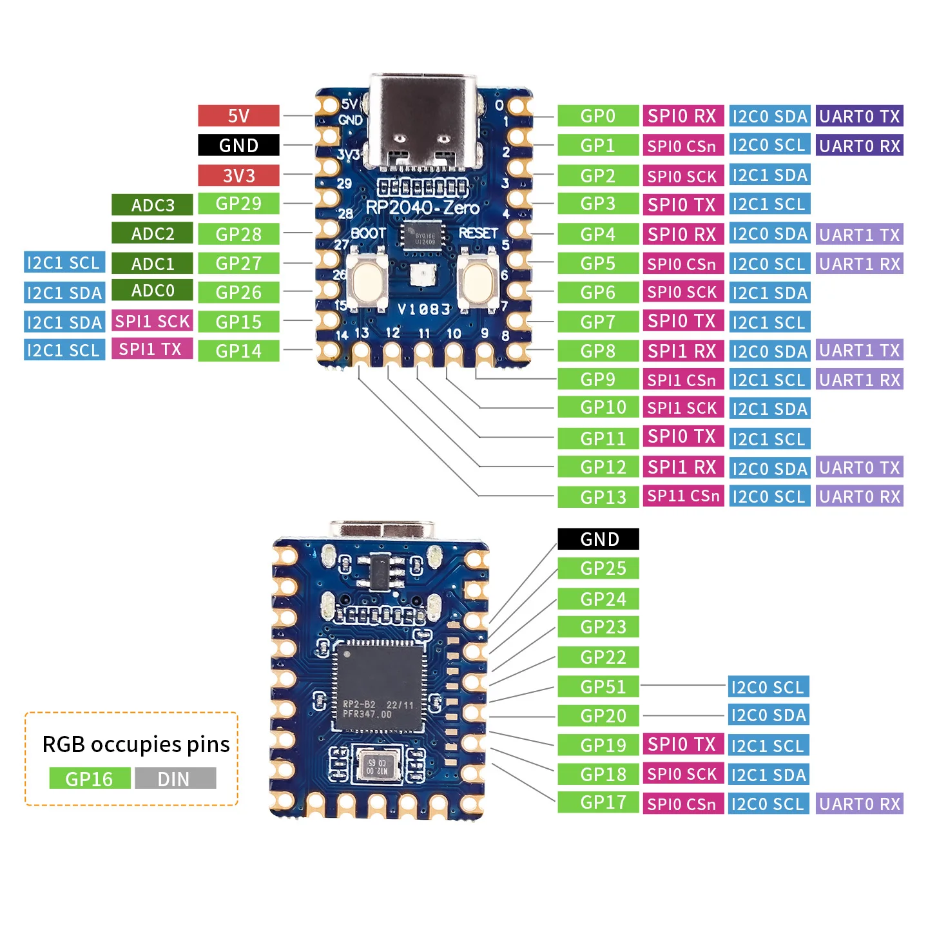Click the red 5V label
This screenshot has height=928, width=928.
238,116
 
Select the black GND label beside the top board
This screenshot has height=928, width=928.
238,145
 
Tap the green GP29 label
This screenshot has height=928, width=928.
238,204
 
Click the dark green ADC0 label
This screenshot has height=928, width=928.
152,291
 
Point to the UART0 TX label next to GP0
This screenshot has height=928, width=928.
859,116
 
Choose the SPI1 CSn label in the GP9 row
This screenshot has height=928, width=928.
682,380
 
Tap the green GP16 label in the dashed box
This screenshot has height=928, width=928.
90,778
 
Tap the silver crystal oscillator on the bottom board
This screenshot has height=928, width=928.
377,765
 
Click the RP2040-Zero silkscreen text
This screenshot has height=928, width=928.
422,208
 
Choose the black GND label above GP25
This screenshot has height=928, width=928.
597,539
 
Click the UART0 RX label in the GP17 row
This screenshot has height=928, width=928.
859,804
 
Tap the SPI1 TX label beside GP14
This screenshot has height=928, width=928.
152,349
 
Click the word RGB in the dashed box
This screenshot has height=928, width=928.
63,744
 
